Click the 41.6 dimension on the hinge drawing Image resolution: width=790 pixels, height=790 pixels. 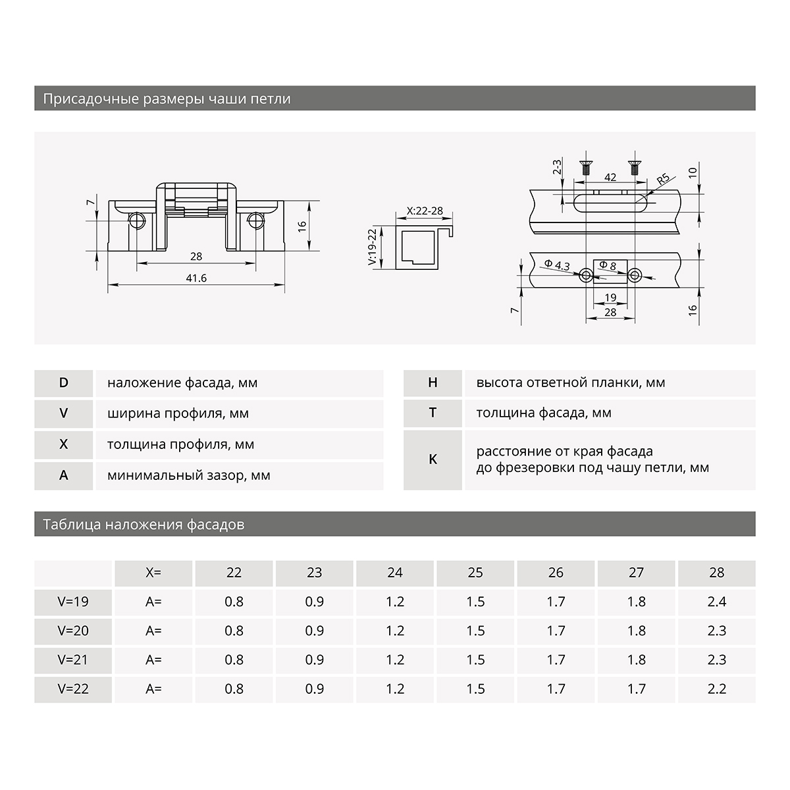(196, 278)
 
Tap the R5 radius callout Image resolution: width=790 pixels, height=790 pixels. (663, 179)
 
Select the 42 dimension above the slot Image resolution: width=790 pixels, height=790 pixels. (610, 178)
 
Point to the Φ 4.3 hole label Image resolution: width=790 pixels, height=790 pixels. (557, 265)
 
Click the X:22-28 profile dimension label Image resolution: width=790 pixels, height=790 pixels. (425, 211)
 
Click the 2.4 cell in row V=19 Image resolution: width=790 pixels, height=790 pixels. (716, 602)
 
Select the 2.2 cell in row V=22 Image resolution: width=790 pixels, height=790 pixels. (716, 689)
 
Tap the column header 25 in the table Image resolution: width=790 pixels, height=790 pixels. (475, 573)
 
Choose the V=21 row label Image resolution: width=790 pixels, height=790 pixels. (72, 660)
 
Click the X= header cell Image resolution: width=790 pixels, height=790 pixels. (153, 573)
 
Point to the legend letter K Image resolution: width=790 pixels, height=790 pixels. (433, 460)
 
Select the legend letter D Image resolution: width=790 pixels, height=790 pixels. (64, 383)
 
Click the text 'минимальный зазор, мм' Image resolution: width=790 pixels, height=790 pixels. (189, 475)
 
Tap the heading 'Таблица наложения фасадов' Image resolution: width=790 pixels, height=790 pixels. (144, 525)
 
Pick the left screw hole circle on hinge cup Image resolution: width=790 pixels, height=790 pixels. (138, 220)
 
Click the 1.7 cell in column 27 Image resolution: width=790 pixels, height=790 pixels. (636, 689)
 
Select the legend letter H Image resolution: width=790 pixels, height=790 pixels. (433, 382)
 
